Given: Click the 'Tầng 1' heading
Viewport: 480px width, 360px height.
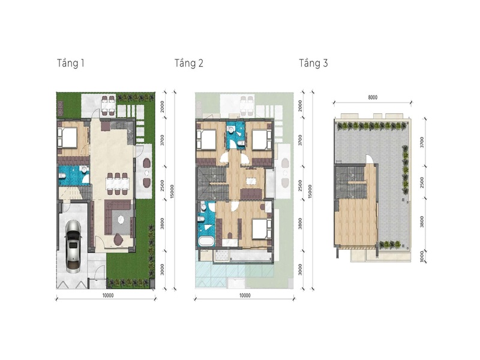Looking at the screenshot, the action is coord(71,64).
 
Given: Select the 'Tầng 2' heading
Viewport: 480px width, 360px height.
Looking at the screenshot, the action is coord(189,64).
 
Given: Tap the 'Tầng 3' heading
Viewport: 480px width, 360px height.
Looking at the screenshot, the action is coord(313,64).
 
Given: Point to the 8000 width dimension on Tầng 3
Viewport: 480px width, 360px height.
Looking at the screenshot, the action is coord(373,97).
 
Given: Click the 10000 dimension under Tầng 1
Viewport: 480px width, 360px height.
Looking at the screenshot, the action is coord(108,295).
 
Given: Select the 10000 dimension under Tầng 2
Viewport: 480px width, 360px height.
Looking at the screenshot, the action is coord(245,295).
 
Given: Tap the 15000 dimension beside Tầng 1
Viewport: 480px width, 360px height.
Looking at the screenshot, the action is coord(172,191).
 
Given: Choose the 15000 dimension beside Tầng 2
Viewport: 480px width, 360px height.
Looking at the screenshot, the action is coord(310,191).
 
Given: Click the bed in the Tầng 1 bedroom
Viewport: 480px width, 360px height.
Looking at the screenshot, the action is coord(67,137).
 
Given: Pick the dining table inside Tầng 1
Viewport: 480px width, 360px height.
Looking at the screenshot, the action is coord(118,184).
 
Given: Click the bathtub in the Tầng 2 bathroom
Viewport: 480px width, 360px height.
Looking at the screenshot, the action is coord(206,241).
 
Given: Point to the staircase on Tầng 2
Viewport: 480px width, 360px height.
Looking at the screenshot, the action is coord(212,184).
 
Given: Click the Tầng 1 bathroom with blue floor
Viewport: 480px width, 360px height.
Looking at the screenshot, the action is coord(73,176).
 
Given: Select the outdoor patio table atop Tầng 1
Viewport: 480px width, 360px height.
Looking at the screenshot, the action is coord(109,106).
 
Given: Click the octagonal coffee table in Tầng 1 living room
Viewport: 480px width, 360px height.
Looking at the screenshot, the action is coord(121,220).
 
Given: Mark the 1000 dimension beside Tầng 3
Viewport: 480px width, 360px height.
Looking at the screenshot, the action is coord(422,256).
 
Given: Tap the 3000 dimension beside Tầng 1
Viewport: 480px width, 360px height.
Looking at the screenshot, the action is coord(162,269).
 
